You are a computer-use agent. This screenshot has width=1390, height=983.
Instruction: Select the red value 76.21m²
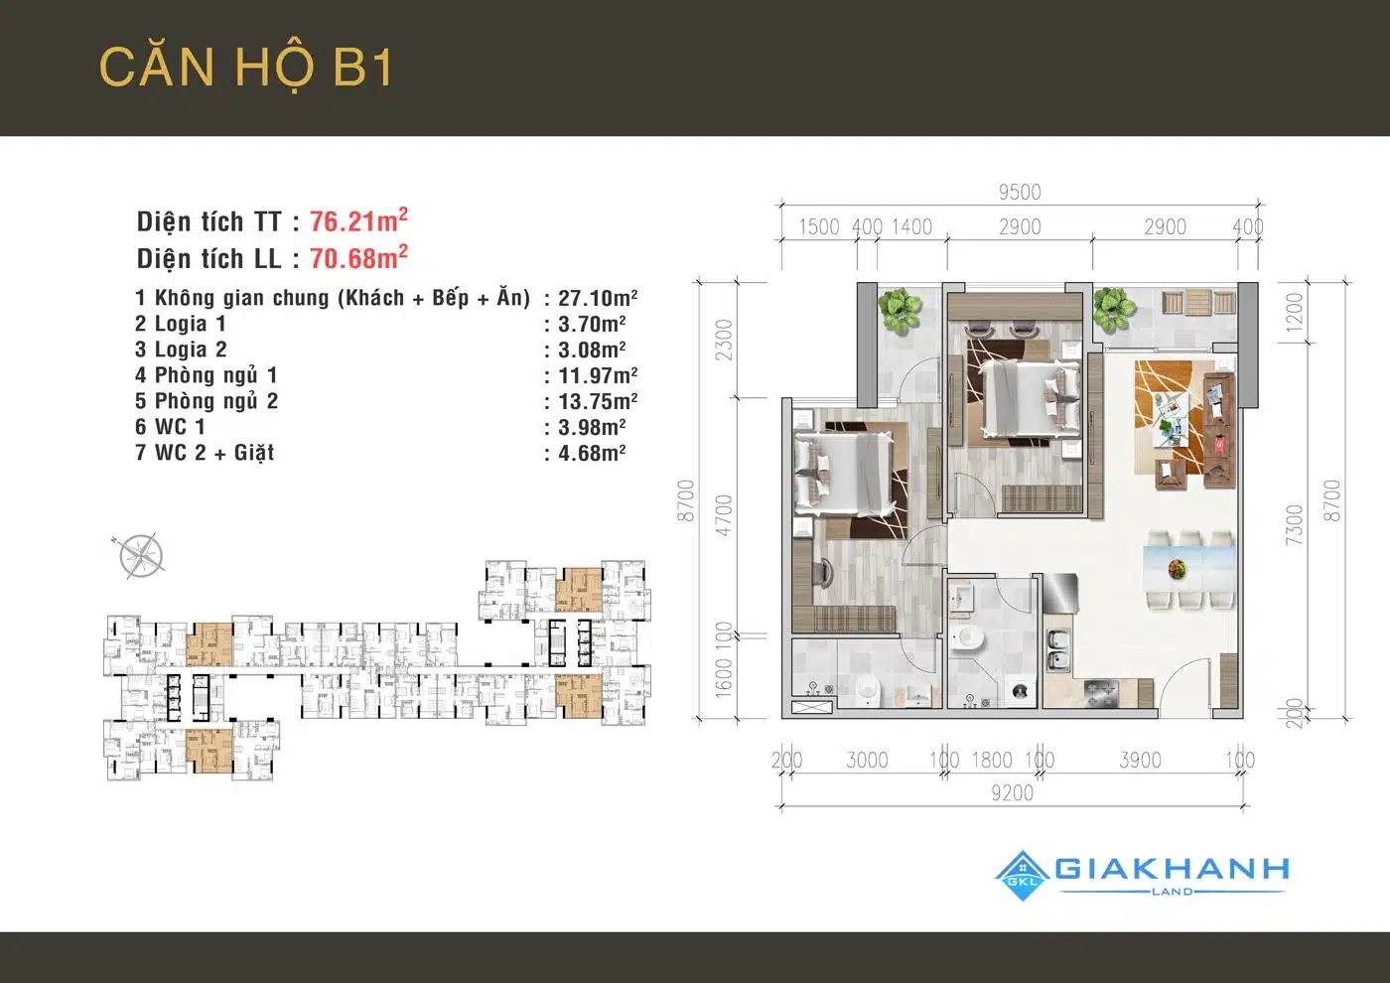358,220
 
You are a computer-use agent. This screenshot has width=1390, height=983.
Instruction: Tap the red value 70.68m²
358,257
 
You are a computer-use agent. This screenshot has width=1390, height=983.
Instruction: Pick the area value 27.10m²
598,298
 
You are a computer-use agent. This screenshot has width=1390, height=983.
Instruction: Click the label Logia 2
191,350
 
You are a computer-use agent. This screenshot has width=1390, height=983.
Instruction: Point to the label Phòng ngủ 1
216,375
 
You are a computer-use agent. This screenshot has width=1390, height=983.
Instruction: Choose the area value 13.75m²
598,401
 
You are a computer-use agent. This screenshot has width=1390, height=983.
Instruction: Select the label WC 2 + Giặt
214,453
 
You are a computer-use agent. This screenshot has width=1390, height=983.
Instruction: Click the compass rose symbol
140,555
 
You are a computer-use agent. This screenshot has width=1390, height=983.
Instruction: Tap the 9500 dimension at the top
1020,193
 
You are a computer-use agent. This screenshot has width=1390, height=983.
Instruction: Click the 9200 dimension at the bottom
1012,793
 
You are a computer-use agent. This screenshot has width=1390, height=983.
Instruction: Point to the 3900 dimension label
1140,761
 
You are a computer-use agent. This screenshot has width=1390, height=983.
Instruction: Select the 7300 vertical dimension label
1294,525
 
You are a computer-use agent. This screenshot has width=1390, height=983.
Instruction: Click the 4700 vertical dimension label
724,515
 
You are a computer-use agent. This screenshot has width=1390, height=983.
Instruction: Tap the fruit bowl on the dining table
1177,568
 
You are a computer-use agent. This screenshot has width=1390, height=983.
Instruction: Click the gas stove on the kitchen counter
1102,693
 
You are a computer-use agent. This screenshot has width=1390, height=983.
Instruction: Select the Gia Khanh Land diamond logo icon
1023,876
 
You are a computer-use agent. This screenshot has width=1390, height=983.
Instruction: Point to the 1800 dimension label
992,761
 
